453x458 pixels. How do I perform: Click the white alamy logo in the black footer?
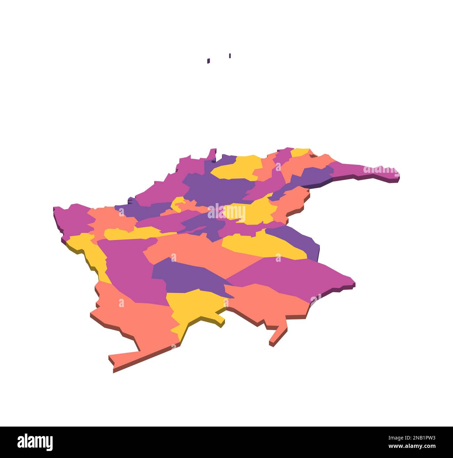tap(35, 442)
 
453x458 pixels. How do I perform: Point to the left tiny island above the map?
tap(208, 61)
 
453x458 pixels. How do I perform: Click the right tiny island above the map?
tap(230, 55)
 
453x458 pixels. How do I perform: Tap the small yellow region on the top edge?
tap(300, 152)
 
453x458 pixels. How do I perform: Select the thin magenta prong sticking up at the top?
tap(212, 154)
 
